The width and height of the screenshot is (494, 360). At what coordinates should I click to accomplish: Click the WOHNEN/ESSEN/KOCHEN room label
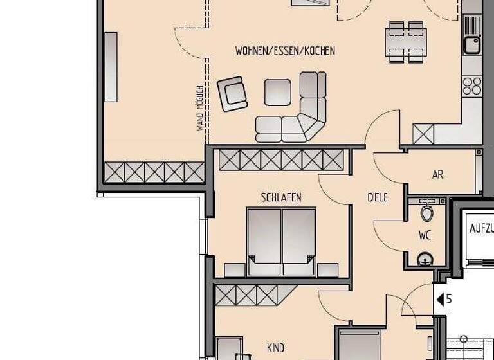pos(285,51)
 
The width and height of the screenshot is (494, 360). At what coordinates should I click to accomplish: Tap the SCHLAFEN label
pos(281,197)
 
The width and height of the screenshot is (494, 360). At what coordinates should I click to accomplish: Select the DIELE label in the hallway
pos(378,197)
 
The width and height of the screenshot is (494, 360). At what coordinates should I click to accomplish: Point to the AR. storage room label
pos(439,174)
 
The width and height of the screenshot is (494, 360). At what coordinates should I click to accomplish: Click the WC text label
pos(425,235)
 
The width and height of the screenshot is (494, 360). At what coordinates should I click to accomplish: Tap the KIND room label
pos(275,348)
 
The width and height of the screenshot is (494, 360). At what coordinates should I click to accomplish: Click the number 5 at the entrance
pos(449,299)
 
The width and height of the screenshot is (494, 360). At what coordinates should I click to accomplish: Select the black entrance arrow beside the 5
pos(440,299)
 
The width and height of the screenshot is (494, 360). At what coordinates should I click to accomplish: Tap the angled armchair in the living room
pos(232,94)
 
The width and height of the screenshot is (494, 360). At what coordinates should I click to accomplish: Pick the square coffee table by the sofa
pos(278,93)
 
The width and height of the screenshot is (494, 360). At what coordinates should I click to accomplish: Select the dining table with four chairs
pos(406,42)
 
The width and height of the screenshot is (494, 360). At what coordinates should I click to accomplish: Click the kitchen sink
pos(472,44)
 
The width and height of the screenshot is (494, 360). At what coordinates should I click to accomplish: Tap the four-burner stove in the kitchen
pos(472,85)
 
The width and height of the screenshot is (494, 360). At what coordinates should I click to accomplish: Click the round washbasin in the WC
pos(425,259)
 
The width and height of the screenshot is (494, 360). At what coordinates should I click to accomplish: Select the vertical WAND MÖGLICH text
pos(200,107)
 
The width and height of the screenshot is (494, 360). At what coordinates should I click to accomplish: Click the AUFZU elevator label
pos(481,228)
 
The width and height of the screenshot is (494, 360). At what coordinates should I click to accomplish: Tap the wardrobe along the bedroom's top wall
pos(281,159)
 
